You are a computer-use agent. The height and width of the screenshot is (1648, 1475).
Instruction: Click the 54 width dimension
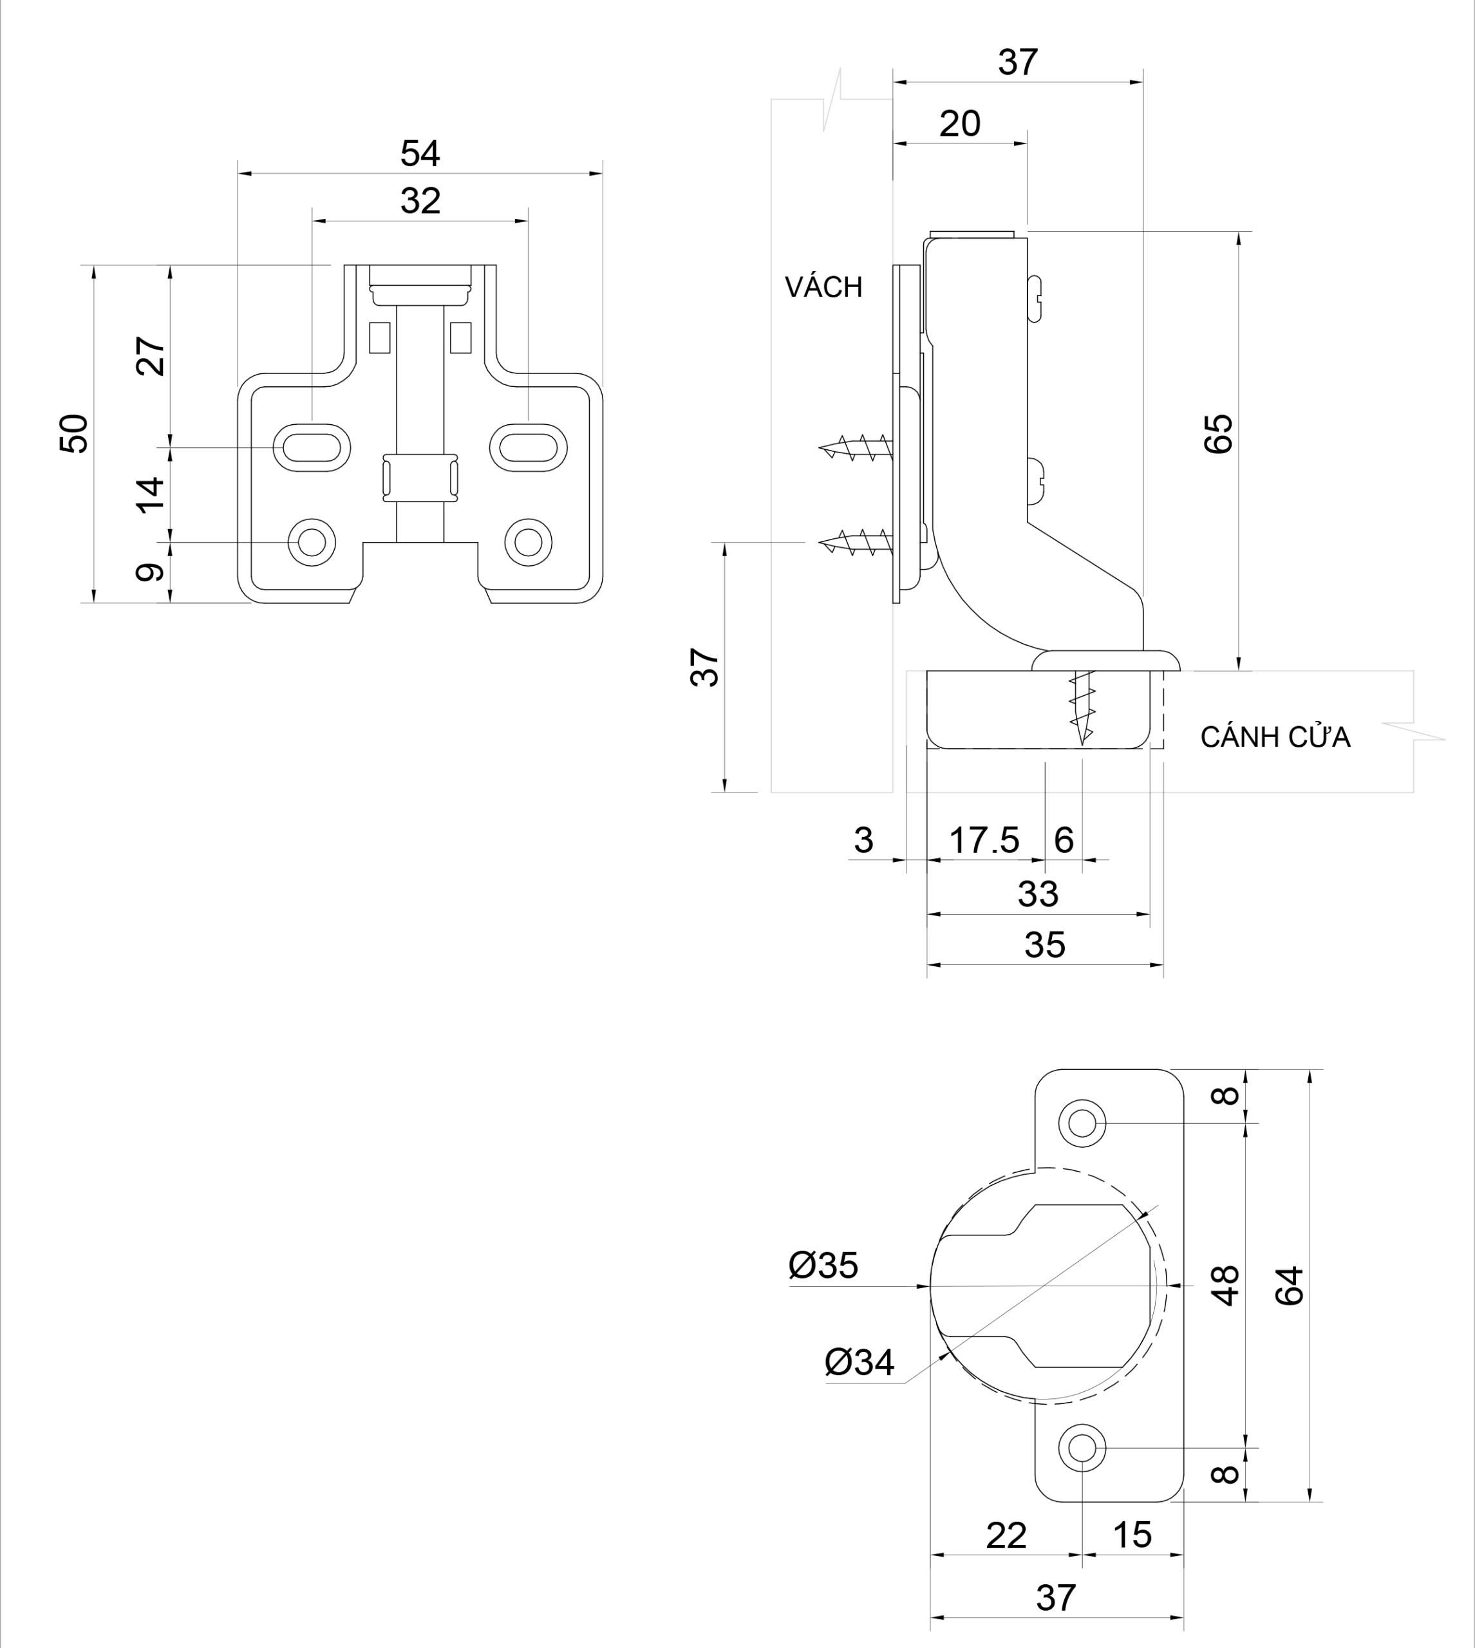[x=420, y=154]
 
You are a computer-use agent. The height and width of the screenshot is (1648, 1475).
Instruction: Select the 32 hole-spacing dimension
[x=420, y=201]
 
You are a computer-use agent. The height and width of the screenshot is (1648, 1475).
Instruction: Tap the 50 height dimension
[x=75, y=433]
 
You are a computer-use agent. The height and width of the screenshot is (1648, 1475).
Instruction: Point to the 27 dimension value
[x=151, y=356]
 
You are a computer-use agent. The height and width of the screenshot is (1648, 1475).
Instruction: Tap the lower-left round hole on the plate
[x=312, y=541]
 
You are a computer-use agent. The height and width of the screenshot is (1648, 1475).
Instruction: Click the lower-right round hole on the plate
[x=529, y=541]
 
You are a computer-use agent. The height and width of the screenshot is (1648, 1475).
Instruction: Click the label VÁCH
[x=823, y=287]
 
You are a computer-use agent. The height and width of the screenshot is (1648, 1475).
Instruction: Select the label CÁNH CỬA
[x=1275, y=737]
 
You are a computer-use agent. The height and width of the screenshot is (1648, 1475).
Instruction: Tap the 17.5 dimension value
[x=984, y=840]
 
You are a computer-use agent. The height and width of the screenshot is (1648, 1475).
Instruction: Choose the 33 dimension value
[x=1038, y=894]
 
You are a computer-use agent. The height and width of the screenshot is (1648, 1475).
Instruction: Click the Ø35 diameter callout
[x=823, y=1266]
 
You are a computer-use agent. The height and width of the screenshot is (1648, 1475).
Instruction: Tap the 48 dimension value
[x=1227, y=1285]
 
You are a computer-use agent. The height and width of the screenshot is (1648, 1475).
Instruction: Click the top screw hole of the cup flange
[x=1082, y=1123]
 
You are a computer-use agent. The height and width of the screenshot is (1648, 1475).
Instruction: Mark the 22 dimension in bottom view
[x=1006, y=1535]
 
